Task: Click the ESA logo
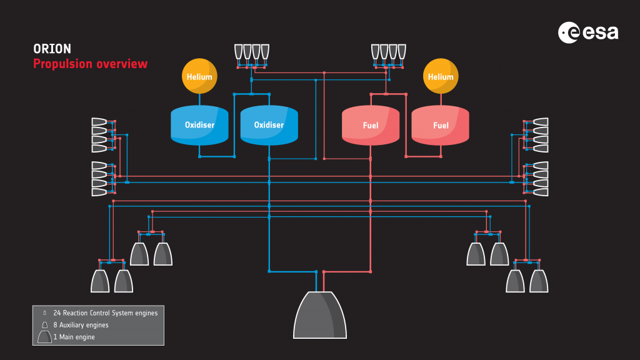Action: (588, 32)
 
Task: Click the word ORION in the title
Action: (52, 49)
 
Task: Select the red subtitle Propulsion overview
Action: (90, 64)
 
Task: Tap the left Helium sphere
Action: (199, 77)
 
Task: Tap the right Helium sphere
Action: (441, 77)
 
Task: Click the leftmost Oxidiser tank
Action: (199, 125)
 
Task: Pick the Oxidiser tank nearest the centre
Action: (269, 125)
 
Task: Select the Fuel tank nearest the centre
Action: (371, 125)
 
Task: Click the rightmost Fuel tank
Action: (441, 125)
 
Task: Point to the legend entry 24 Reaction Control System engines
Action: (106, 312)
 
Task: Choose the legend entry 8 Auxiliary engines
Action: (81, 325)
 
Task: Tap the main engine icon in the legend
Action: (44, 337)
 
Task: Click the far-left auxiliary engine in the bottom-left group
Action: (100, 281)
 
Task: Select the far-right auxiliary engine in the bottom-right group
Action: (539, 281)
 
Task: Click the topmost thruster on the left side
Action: (99, 121)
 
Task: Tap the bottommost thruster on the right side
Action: (541, 192)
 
